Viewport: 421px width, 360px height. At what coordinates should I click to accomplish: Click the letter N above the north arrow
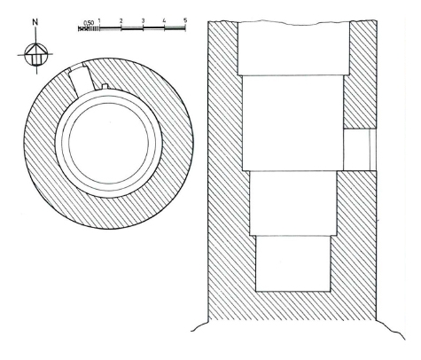point(35,22)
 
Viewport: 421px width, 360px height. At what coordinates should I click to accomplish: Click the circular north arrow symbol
point(35,54)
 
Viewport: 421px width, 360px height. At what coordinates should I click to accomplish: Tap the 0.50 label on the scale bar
point(89,23)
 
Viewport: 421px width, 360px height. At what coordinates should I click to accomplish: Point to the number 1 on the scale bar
point(99,21)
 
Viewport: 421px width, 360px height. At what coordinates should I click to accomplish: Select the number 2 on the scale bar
point(121,21)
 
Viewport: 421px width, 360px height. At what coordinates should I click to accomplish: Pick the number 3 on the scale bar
point(143,21)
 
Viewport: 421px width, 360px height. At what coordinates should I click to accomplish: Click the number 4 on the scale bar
point(164,21)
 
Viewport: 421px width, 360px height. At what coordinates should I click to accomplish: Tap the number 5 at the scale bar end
point(185,20)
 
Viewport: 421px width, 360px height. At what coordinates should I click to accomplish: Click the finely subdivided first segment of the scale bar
point(89,28)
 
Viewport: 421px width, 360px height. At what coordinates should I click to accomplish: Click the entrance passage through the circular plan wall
point(80,81)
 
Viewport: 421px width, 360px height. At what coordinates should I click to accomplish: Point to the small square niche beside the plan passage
point(105,86)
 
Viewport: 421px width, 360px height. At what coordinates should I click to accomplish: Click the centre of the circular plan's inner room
point(109,143)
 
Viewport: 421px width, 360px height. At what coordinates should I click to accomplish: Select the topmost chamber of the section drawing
point(293,49)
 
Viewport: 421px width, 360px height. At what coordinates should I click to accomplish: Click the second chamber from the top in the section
point(293,123)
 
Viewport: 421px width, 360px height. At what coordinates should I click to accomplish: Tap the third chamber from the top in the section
point(293,203)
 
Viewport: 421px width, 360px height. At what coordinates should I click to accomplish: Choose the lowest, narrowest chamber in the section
point(292,263)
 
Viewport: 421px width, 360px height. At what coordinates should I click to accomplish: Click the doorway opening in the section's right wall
point(360,150)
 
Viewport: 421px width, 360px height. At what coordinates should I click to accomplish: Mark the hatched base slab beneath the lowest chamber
point(292,306)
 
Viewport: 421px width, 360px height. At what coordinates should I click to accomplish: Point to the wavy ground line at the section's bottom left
point(199,326)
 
